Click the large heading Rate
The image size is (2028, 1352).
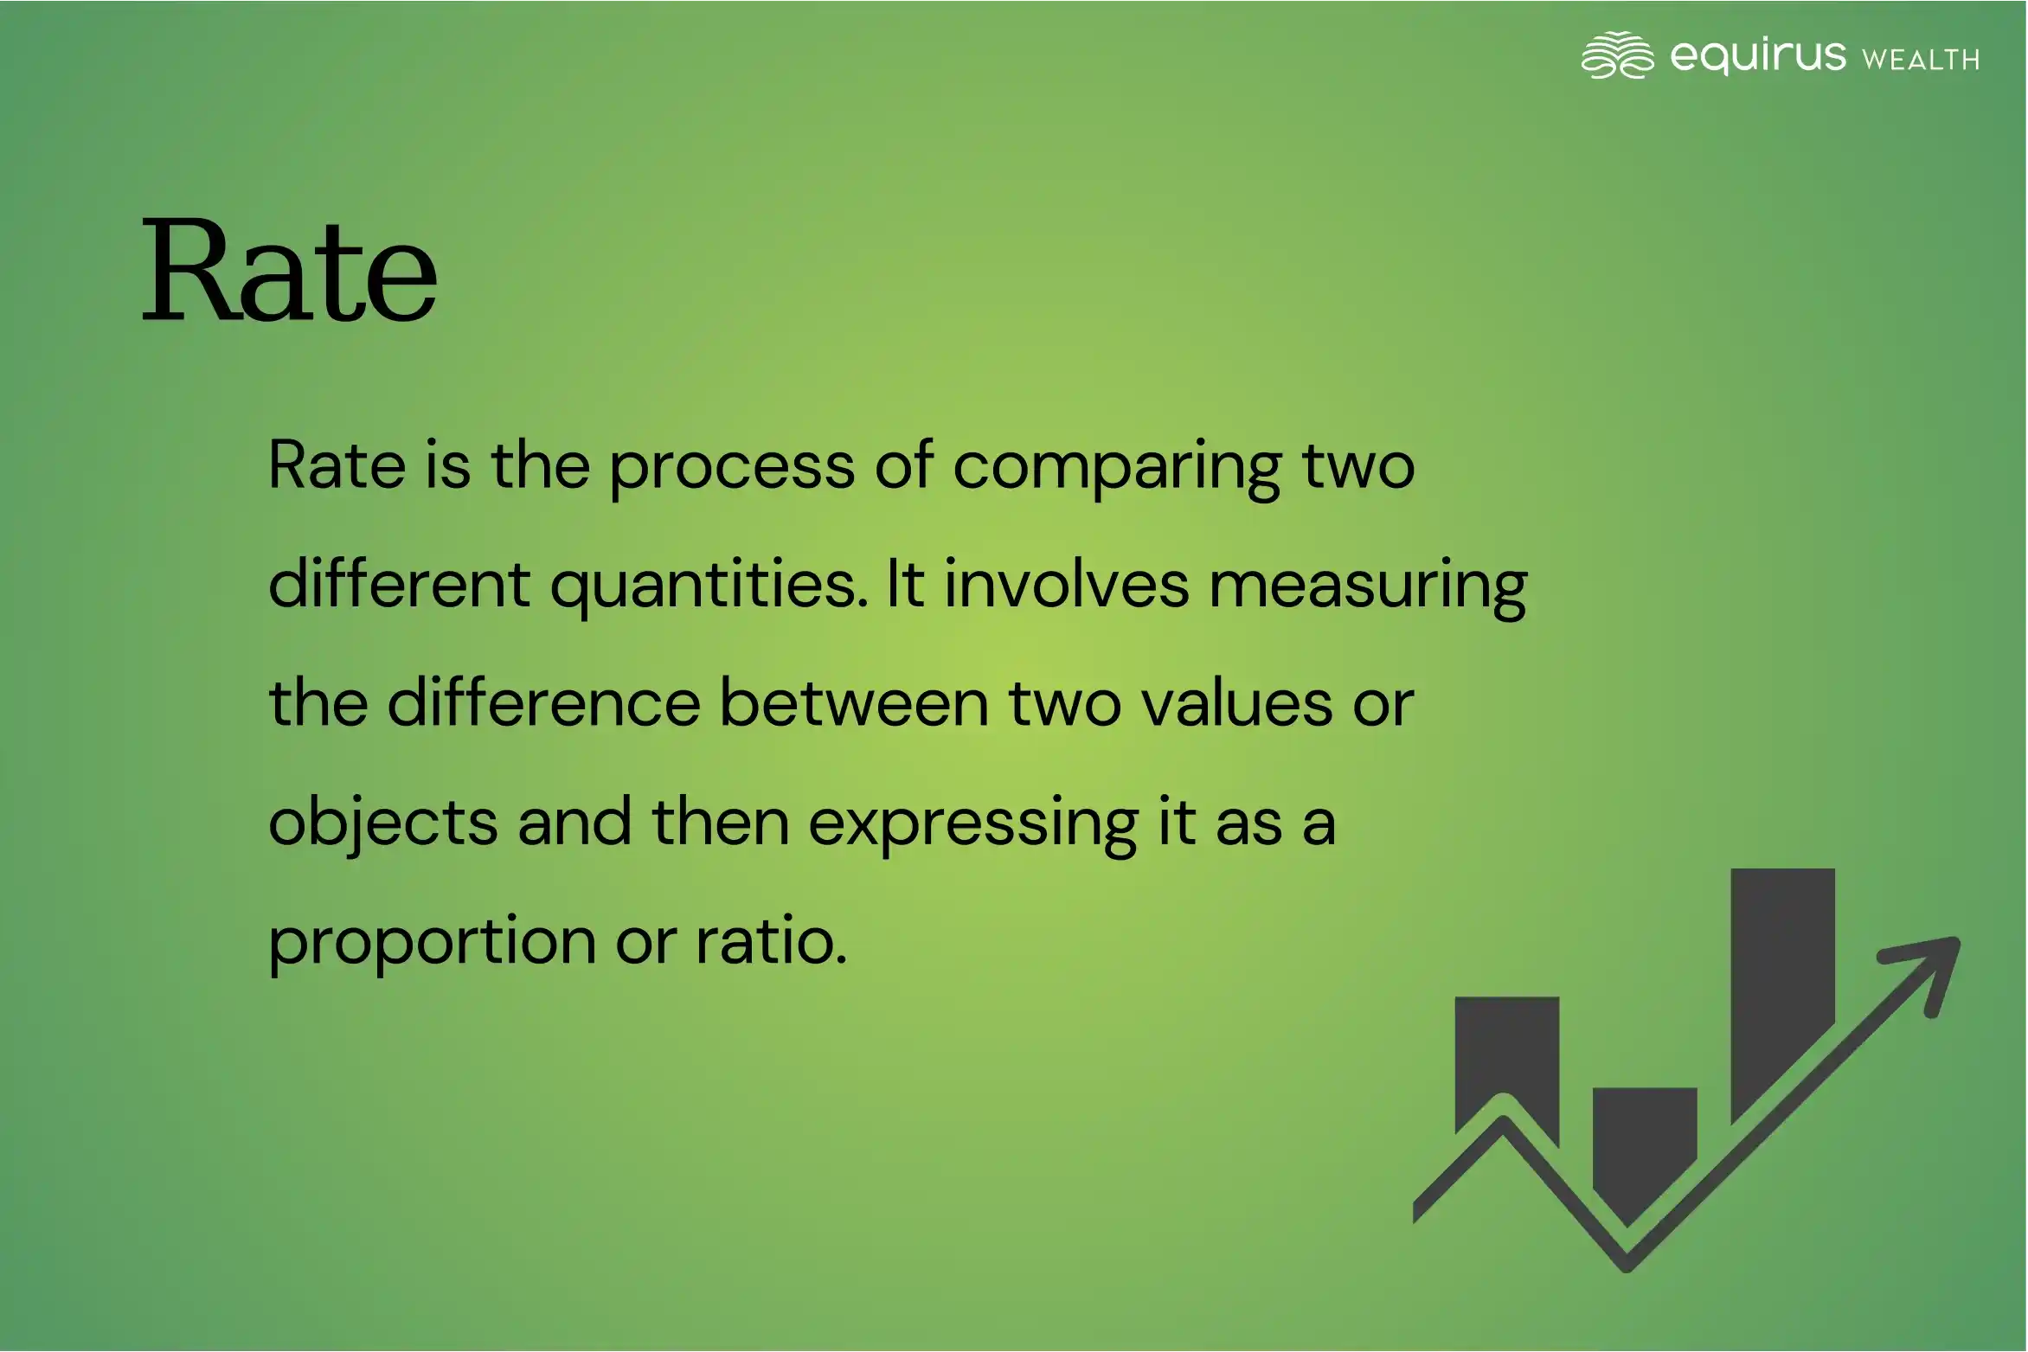(x=289, y=271)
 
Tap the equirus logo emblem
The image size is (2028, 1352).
(x=1617, y=54)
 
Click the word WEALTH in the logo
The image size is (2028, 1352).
(x=1921, y=59)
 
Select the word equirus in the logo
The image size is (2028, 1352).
(x=1757, y=55)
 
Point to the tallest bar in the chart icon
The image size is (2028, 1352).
(x=1782, y=995)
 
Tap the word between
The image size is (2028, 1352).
(x=854, y=702)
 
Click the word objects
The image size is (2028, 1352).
(x=383, y=823)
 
